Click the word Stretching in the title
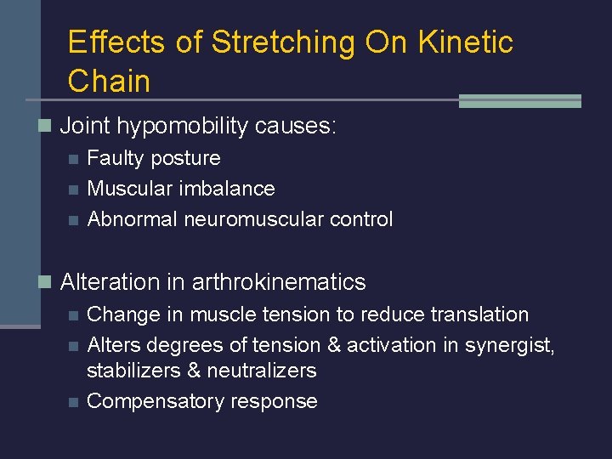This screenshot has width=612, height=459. pos(281,42)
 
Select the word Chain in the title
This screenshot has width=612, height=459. pos(109,82)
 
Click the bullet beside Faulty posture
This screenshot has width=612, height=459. pos(73,159)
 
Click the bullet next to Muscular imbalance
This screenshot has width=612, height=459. pos(73,190)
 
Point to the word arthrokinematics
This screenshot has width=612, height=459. pos(279,282)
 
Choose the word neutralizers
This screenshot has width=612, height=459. pos(264,371)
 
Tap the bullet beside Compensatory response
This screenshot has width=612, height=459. pos(73,402)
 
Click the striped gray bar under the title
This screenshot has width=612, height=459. pos(519,101)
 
